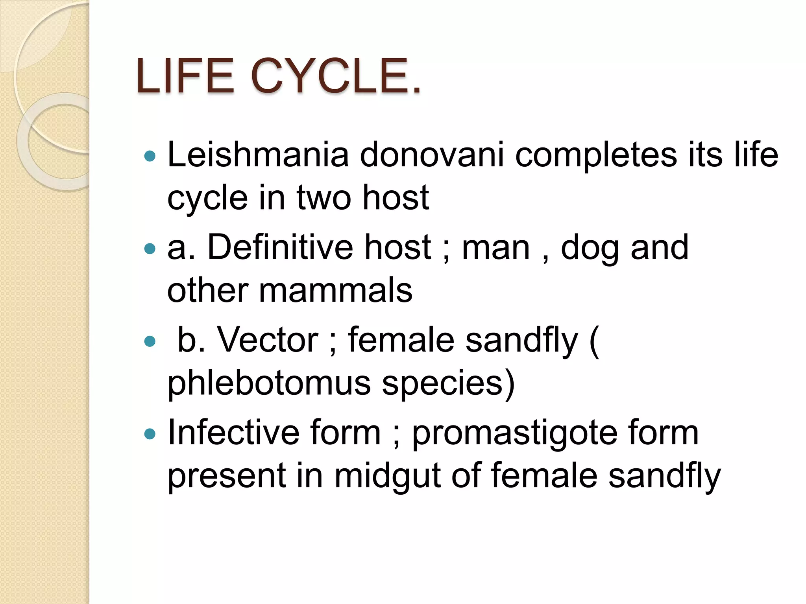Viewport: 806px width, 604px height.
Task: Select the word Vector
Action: click(x=268, y=340)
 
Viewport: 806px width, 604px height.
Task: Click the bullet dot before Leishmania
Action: click(x=150, y=157)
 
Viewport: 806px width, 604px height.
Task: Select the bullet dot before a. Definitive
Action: click(x=150, y=249)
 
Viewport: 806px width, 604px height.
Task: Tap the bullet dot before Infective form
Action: click(x=150, y=434)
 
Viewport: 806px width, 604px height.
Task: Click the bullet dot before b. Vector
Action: click(x=150, y=341)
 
